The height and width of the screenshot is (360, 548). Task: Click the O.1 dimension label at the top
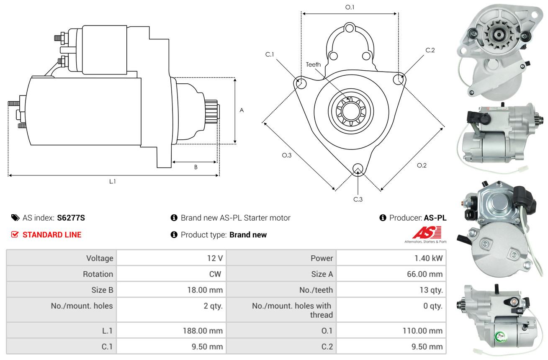click(x=350, y=8)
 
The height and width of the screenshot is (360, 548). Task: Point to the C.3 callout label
click(x=358, y=199)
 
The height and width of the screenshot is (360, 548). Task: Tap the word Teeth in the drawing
click(x=313, y=64)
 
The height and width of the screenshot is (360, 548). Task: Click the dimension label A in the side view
click(x=242, y=110)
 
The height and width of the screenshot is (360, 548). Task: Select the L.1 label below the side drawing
click(x=112, y=182)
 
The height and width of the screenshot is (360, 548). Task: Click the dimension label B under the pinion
click(x=196, y=167)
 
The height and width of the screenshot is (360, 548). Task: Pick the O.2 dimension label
click(x=422, y=166)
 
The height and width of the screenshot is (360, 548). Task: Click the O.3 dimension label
click(x=286, y=155)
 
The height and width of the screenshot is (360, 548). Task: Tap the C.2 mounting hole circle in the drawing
click(x=398, y=80)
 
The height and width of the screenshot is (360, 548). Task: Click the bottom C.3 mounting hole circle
click(x=358, y=169)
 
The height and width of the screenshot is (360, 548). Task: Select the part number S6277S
click(x=71, y=218)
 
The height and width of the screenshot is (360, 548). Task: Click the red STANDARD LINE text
click(x=52, y=235)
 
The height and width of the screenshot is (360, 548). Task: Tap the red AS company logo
click(x=427, y=232)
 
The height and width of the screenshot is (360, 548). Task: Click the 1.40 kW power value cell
click(x=428, y=258)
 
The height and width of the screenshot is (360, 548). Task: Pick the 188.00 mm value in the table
click(x=203, y=331)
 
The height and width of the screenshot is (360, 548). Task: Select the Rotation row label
click(x=98, y=274)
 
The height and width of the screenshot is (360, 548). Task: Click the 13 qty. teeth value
click(x=431, y=290)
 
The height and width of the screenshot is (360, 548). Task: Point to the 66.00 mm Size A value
click(x=425, y=274)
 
